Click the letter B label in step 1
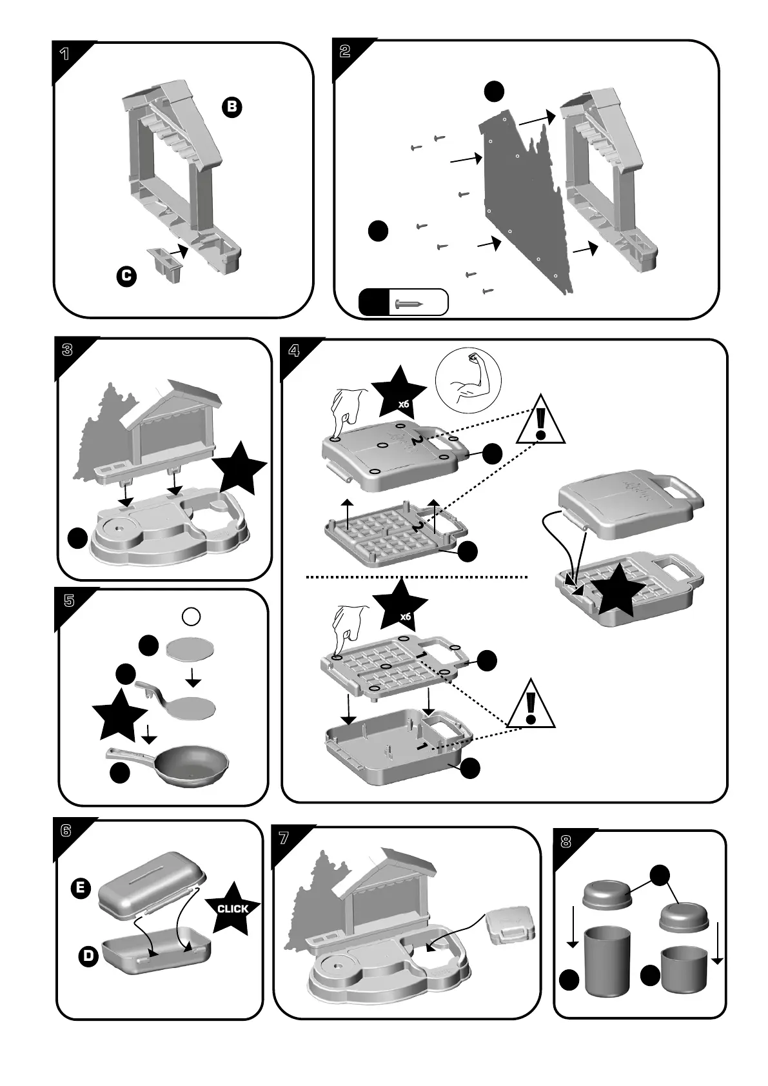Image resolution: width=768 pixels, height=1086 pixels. point(231,107)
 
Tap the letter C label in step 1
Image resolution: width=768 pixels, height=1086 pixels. point(126,277)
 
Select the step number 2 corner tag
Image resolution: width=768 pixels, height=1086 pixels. point(346,52)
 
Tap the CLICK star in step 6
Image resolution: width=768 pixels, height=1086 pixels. point(233,908)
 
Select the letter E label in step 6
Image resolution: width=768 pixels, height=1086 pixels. point(80,888)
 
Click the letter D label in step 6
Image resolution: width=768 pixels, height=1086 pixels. point(88,956)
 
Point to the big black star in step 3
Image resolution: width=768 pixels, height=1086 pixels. point(241,468)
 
